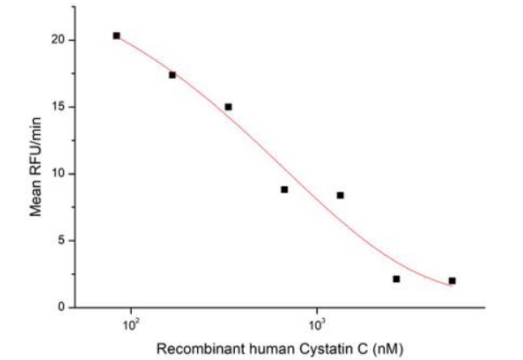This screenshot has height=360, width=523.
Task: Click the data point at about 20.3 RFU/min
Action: pyautogui.click(x=116, y=36)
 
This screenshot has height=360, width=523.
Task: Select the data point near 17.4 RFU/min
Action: pyautogui.click(x=173, y=75)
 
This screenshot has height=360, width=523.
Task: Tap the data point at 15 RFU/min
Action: pyautogui.click(x=228, y=107)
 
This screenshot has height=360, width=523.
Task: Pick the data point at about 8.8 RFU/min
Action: pyautogui.click(x=284, y=189)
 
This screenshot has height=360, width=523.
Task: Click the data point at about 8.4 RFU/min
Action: pyautogui.click(x=340, y=195)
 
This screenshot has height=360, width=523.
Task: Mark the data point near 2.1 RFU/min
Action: pyautogui.click(x=396, y=278)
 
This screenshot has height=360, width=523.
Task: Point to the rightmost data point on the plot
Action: pyautogui.click(x=452, y=280)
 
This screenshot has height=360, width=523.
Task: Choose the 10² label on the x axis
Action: pyautogui.click(x=131, y=325)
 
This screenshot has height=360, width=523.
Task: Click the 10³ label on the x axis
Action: pyautogui.click(x=317, y=325)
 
